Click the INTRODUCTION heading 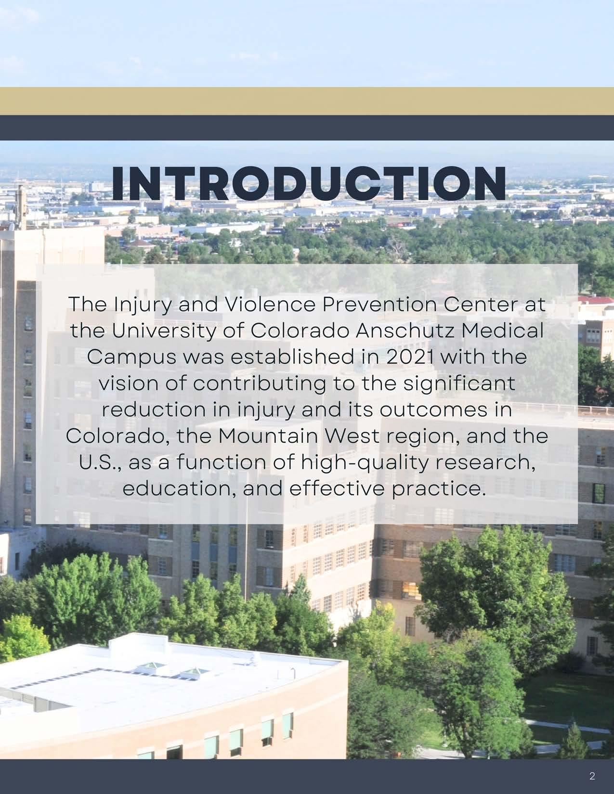click(309, 183)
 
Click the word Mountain click(268, 435)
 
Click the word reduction click(154, 409)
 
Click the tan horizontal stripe click(307, 101)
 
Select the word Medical click(502, 330)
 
